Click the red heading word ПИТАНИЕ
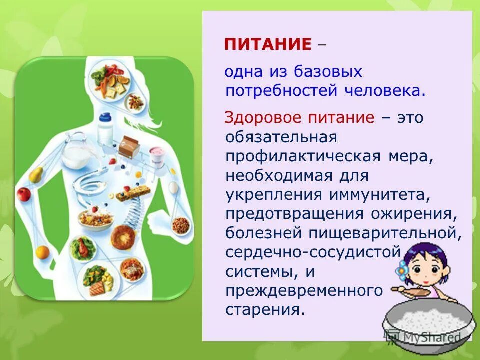(268, 45)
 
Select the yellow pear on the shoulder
(36, 173)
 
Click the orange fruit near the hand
(42, 251)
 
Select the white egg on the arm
(173, 187)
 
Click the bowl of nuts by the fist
(180, 225)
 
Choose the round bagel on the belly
(121, 236)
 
